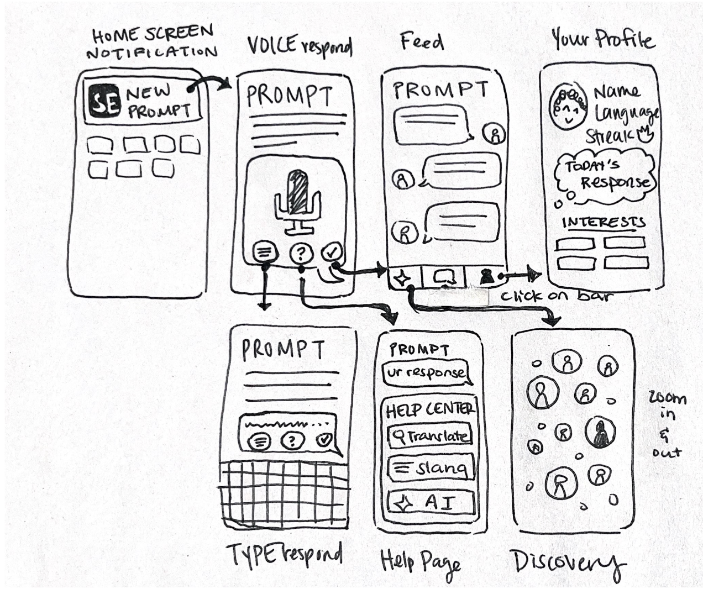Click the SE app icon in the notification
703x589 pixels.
pyautogui.click(x=104, y=102)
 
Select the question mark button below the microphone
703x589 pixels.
pyautogui.click(x=301, y=253)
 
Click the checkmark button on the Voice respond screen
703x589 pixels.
pyautogui.click(x=332, y=253)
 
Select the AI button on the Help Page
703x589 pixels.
pyautogui.click(x=431, y=502)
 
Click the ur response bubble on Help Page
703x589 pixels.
pyautogui.click(x=426, y=373)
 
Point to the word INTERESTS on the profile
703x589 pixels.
pyautogui.click(x=603, y=222)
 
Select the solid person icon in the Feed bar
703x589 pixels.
pyautogui.click(x=486, y=276)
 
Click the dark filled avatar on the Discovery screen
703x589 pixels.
pyautogui.click(x=600, y=433)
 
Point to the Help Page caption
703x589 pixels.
pyautogui.click(x=421, y=561)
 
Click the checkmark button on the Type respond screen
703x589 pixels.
pyautogui.click(x=324, y=440)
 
